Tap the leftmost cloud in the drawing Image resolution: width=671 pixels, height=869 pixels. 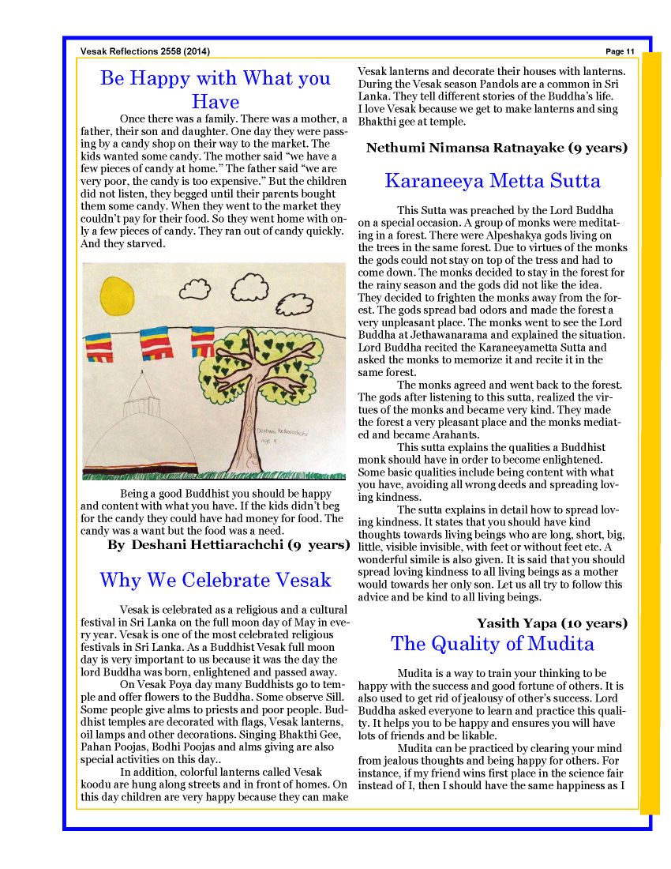coord(193,291)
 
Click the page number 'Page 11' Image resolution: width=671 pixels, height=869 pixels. coord(620,52)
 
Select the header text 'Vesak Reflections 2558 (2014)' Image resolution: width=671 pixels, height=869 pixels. coord(145,52)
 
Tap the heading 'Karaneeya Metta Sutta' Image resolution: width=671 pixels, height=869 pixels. coord(493,181)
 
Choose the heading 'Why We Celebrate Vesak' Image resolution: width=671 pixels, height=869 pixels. coord(215,581)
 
